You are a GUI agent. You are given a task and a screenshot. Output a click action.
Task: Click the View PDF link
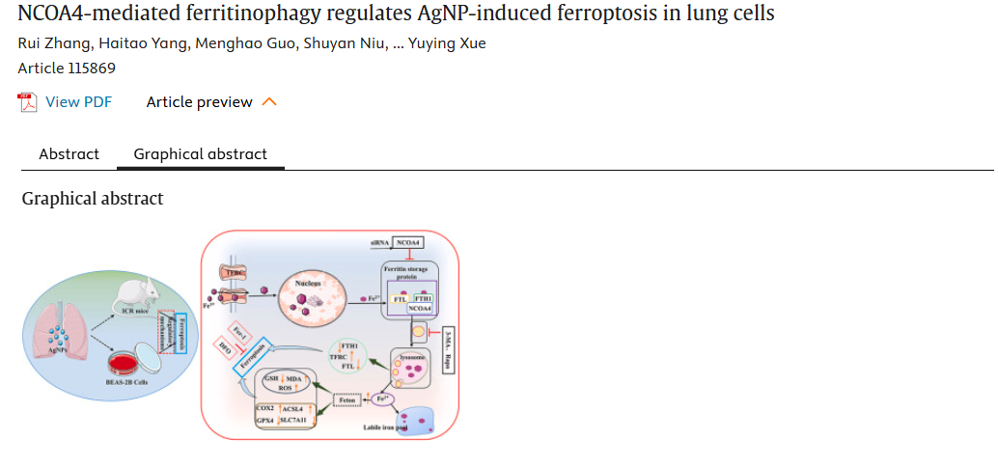(78, 102)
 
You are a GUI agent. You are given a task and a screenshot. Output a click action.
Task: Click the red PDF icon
(28, 102)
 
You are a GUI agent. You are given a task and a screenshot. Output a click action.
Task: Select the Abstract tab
(69, 154)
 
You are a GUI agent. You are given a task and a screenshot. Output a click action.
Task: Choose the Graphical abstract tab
(200, 154)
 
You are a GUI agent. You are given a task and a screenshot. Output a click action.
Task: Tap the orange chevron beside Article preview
(269, 102)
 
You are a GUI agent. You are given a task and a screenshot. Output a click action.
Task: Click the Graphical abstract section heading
(93, 199)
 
